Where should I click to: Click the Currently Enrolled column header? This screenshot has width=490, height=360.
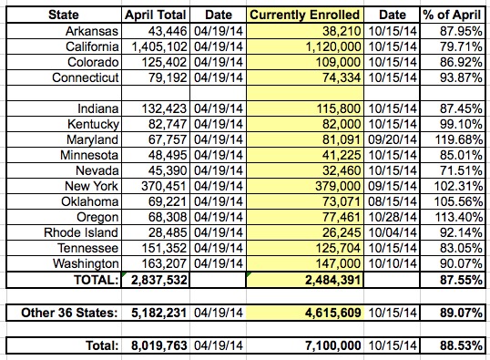(x=305, y=15)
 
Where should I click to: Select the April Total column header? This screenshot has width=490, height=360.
(x=156, y=15)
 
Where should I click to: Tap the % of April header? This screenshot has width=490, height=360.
(x=452, y=15)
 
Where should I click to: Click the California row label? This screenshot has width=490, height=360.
(x=92, y=46)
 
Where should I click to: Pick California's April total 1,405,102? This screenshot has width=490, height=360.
(x=159, y=46)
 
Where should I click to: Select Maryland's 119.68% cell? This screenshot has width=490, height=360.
(x=459, y=139)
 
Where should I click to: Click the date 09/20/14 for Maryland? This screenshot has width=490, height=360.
(x=393, y=139)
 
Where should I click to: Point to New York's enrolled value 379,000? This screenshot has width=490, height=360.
(x=338, y=186)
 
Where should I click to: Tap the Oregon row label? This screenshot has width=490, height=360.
(x=97, y=217)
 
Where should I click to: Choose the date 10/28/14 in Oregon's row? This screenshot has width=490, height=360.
(x=393, y=217)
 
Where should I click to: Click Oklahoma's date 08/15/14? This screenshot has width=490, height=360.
(x=393, y=201)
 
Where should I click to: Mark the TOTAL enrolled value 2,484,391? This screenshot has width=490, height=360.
(x=332, y=280)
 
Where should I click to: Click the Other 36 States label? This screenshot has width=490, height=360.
(x=69, y=313)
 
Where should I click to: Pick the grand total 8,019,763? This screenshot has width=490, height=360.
(x=159, y=345)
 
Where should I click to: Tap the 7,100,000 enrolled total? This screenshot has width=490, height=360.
(x=332, y=345)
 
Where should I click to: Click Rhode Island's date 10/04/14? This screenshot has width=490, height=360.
(x=393, y=232)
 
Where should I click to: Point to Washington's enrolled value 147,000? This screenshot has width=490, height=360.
(x=338, y=263)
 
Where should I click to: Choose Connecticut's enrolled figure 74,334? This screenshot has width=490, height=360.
(x=342, y=77)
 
